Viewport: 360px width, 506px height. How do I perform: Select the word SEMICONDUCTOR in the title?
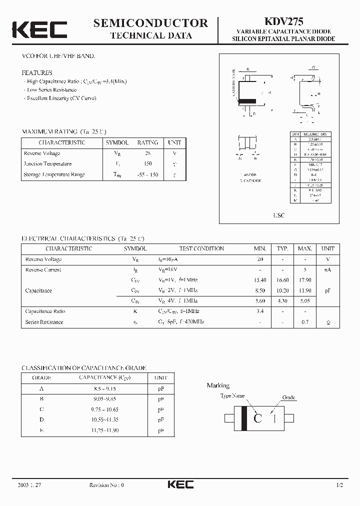(x=150, y=23)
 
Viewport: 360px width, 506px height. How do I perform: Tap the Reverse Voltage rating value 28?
(x=147, y=153)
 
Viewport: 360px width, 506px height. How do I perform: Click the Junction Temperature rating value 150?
(x=147, y=164)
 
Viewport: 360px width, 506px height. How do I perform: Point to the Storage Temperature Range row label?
(x=54, y=174)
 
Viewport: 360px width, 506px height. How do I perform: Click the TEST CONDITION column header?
(x=201, y=248)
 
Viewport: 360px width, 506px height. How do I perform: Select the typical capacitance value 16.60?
(x=283, y=280)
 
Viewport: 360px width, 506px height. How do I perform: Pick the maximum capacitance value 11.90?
(x=304, y=290)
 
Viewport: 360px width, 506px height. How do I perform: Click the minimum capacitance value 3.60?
(x=260, y=301)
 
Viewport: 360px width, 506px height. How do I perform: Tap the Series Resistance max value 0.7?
(x=304, y=322)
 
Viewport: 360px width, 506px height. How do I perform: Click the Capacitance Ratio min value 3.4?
(x=260, y=311)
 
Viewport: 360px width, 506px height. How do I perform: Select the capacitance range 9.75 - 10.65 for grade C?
(x=104, y=409)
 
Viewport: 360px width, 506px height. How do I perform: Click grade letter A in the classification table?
(x=41, y=388)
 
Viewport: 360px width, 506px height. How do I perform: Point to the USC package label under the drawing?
(x=279, y=215)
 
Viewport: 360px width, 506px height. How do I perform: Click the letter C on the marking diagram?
(x=257, y=418)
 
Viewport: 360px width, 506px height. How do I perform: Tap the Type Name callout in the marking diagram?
(x=232, y=395)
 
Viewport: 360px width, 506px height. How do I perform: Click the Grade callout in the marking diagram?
(x=288, y=397)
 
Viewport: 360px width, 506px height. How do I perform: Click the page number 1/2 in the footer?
(x=339, y=485)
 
